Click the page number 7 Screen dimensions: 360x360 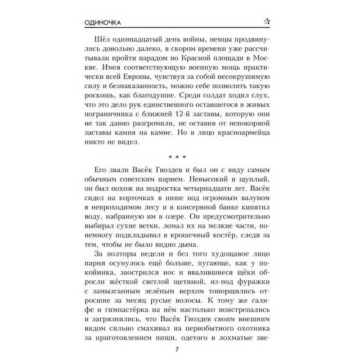point(180,348)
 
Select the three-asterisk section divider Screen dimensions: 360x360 point(180,156)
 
